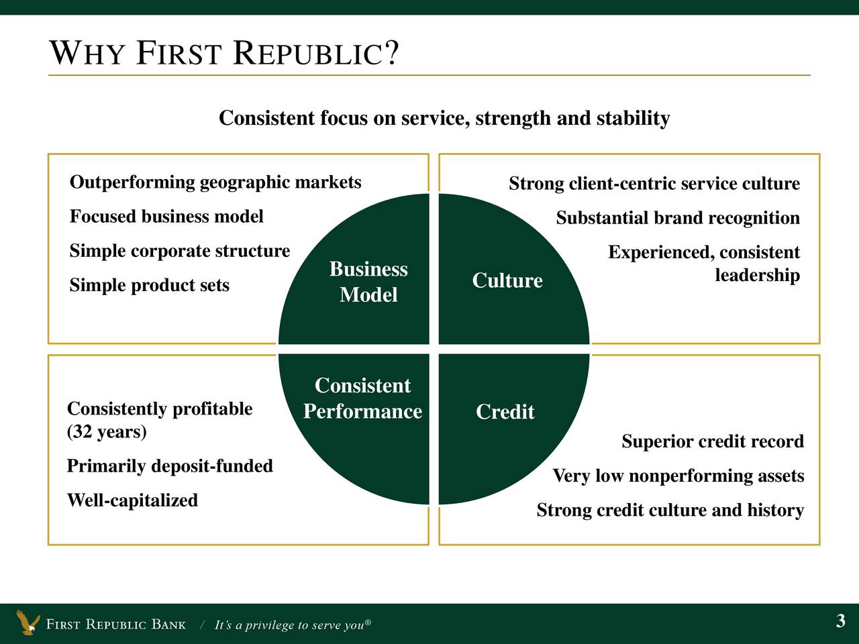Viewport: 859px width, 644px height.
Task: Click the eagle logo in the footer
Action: (x=28, y=622)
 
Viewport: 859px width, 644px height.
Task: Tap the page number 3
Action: (x=841, y=621)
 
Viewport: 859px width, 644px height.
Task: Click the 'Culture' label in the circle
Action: (x=507, y=280)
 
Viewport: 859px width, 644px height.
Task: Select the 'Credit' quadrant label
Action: (x=505, y=411)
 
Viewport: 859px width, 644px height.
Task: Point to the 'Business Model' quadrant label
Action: (x=368, y=282)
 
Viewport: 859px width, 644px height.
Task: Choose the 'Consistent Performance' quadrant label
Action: (x=362, y=398)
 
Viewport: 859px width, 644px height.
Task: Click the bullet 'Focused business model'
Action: (x=166, y=216)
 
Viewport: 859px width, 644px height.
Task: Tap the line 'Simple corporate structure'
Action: (x=180, y=251)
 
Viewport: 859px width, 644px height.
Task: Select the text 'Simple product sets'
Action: (x=149, y=285)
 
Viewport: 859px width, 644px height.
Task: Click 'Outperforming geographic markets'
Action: (x=215, y=182)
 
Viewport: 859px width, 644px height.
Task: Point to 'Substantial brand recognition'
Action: (x=678, y=218)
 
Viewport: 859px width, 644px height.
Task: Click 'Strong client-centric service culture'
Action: (x=654, y=183)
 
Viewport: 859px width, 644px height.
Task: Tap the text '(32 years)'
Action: (x=107, y=431)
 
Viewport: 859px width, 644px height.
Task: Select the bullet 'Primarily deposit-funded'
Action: (x=170, y=466)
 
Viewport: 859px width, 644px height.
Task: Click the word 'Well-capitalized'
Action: (x=132, y=500)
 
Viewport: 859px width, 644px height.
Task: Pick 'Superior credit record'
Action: (x=713, y=441)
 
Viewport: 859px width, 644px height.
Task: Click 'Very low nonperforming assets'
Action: (x=678, y=476)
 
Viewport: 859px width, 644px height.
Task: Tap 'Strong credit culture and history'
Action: (x=670, y=510)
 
